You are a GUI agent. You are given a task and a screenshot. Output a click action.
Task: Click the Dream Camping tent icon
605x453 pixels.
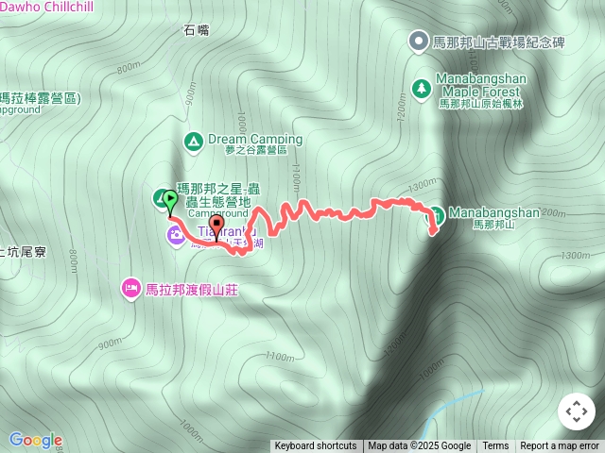click(193, 142)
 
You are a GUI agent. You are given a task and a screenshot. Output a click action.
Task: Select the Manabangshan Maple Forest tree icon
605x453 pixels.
click(420, 89)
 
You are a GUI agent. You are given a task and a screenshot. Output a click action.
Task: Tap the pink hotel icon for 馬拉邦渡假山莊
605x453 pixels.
click(130, 287)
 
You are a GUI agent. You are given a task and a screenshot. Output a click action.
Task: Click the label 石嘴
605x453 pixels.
click(197, 30)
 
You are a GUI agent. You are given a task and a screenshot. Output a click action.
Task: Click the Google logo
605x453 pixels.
click(35, 440)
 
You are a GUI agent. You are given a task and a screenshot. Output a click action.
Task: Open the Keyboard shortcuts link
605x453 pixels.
click(316, 446)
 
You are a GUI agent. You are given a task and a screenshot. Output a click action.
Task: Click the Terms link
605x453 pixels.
click(495, 446)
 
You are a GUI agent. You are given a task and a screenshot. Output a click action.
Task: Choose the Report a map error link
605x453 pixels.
click(560, 446)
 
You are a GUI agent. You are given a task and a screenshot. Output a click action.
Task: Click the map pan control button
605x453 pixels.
click(577, 411)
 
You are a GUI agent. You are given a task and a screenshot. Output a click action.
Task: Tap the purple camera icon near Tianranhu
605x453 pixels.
click(176, 234)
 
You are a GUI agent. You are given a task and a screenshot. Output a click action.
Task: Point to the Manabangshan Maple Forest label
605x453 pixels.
click(478, 85)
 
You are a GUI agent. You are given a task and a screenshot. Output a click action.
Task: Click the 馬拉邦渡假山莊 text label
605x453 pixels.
click(191, 289)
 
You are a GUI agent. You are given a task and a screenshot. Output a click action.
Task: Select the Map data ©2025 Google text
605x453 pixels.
click(419, 446)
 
